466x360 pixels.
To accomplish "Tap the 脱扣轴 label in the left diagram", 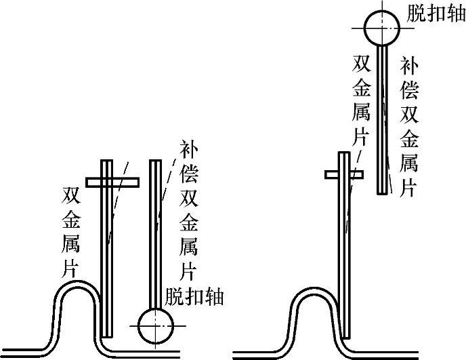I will point(194,296).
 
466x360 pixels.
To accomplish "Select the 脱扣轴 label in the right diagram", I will point(434,13).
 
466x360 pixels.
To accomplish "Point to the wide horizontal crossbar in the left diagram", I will point(112,182).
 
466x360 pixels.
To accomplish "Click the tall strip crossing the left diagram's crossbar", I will point(107,251).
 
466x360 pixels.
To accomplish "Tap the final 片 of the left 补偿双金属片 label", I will point(189,271).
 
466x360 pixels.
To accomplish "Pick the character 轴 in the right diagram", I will point(452,13).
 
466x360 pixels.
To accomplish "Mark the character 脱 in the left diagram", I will point(175,296).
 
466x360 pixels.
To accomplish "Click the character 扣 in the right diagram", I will point(434,13).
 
